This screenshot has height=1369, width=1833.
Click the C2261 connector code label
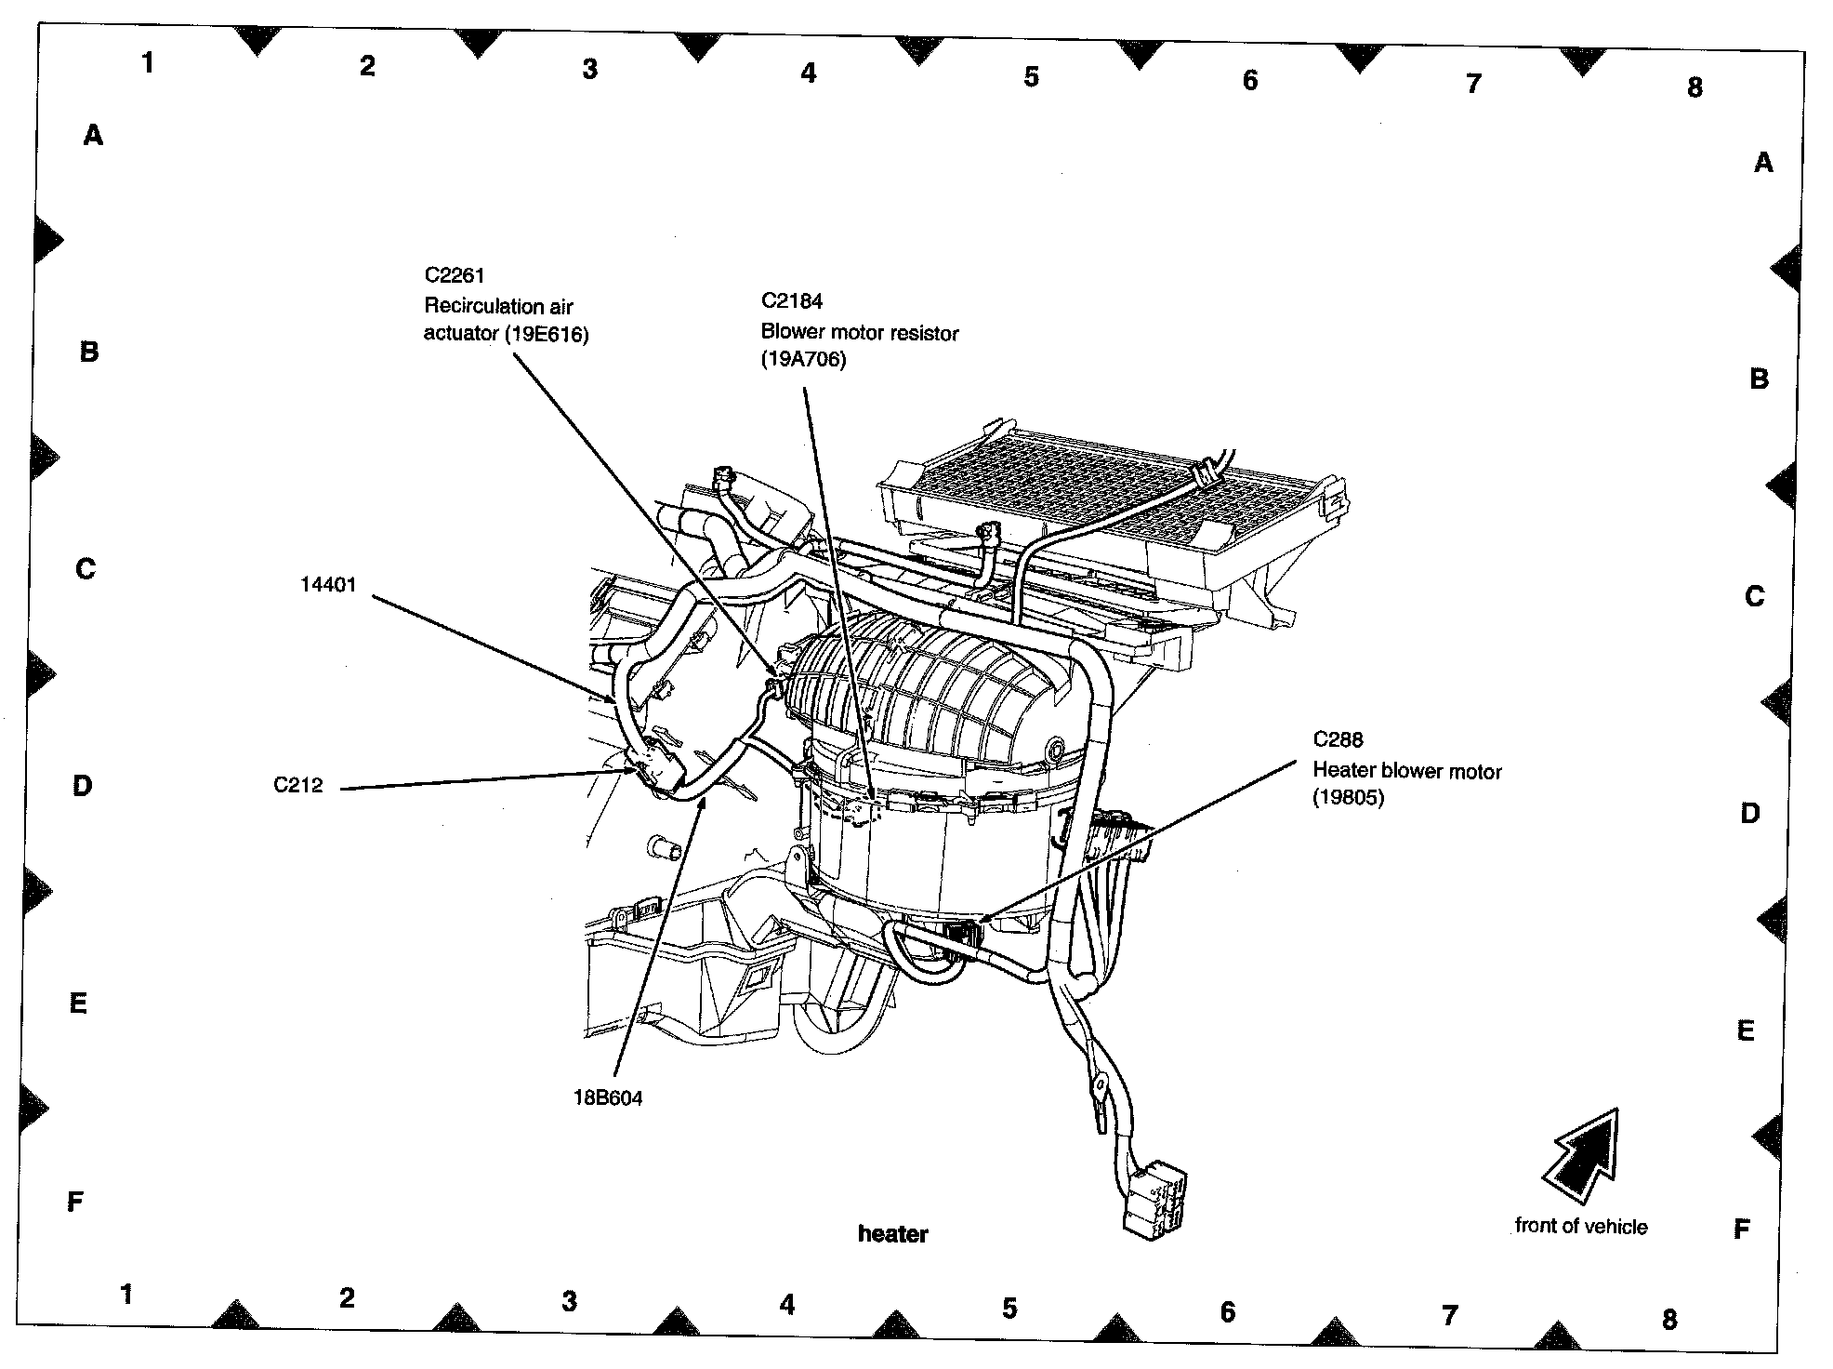point(455,275)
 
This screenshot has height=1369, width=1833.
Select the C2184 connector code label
point(792,301)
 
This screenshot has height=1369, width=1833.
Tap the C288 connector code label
point(1338,739)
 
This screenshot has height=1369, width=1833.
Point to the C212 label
point(298,785)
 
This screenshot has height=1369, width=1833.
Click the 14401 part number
point(328,585)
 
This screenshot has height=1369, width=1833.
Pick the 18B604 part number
point(608,1097)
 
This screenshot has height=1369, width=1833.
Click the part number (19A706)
point(804,360)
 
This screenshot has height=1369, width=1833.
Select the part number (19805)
point(1348,798)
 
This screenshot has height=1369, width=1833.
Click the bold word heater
point(892,1234)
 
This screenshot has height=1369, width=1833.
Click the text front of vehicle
point(1580,1226)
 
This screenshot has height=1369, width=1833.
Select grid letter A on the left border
point(93,137)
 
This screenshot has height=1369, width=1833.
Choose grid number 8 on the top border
point(1695,88)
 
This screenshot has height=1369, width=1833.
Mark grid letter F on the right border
point(1742,1229)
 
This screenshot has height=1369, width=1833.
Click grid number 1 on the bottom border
point(126,1294)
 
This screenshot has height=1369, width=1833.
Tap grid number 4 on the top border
point(809,73)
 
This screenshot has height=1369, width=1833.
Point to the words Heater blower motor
point(1406,771)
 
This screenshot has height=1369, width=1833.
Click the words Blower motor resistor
point(860,333)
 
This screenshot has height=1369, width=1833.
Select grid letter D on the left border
point(83,787)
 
